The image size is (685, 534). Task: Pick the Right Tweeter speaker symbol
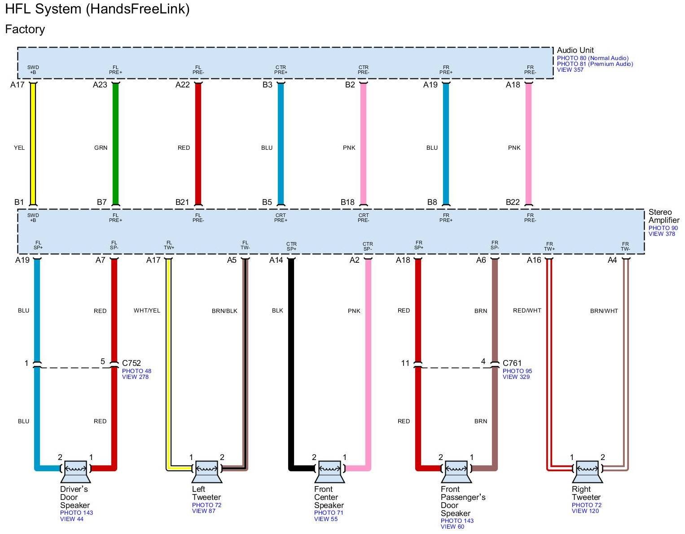(587, 471)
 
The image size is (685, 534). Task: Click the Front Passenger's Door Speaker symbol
(456, 471)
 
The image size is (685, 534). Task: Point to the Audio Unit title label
(575, 50)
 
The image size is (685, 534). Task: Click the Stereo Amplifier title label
(663, 216)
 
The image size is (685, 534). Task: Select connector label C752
(132, 363)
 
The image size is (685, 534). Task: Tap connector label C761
(512, 363)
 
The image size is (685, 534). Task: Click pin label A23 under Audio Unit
(100, 85)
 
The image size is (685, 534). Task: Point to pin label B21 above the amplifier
(182, 202)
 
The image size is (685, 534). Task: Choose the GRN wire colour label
(101, 148)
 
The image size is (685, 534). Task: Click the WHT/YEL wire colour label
(147, 311)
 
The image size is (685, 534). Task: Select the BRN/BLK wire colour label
(224, 311)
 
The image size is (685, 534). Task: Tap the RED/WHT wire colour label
(527, 311)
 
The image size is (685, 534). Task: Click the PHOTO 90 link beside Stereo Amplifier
(663, 228)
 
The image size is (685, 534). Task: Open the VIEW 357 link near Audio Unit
(570, 70)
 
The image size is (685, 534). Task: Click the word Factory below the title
(25, 30)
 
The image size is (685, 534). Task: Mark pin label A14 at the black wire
(276, 260)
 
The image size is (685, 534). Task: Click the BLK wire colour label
(277, 311)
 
